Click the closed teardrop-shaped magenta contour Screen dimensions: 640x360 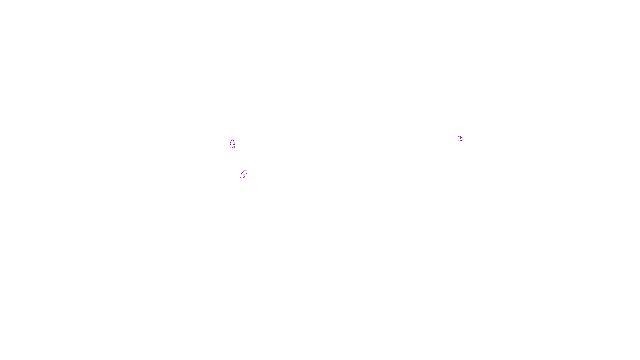pos(232,142)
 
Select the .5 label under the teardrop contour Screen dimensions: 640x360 pos(233,146)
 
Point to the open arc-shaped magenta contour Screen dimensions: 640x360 pos(245,172)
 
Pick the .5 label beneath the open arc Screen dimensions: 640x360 pos(243,176)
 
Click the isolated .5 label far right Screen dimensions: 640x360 pos(461,139)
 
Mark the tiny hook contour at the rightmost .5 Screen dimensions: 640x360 pos(459,137)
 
